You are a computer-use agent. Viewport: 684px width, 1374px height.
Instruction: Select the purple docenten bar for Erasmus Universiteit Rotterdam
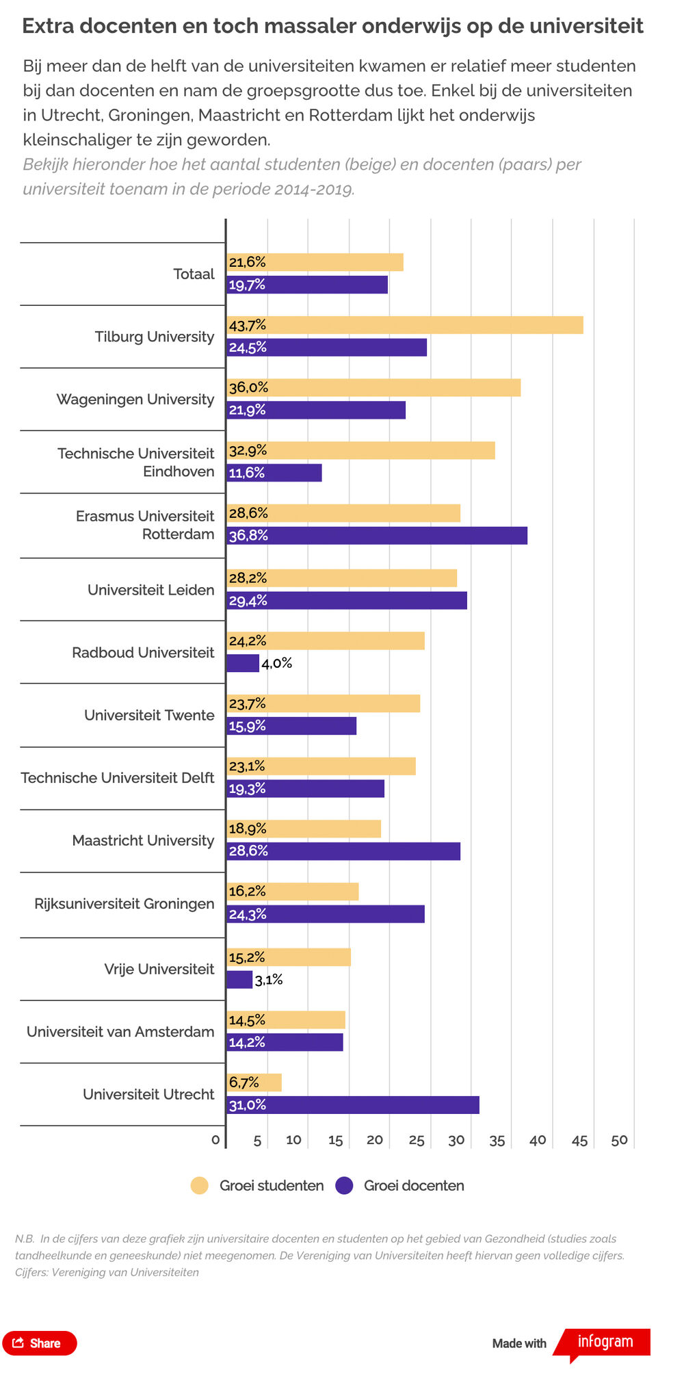[x=377, y=536]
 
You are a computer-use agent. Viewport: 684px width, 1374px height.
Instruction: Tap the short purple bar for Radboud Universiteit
[x=243, y=663]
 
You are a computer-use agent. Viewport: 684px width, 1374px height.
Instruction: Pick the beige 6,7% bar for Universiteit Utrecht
[x=254, y=1083]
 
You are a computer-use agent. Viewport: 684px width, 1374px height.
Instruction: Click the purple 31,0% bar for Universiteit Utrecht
[x=353, y=1105]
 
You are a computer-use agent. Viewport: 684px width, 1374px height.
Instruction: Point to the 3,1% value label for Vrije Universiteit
[x=269, y=980]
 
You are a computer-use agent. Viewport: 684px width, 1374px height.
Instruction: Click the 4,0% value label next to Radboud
[x=277, y=663]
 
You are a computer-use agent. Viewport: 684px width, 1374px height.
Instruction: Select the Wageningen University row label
[x=135, y=399]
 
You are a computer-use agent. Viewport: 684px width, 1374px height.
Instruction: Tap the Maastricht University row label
[x=144, y=840]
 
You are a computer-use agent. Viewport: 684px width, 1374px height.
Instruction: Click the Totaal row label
[x=194, y=274]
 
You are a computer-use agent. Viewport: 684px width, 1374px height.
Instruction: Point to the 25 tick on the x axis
[x=417, y=1140]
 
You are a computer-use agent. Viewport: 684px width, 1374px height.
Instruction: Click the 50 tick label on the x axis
[x=620, y=1140]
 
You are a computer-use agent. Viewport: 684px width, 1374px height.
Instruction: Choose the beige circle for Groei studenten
[x=200, y=1186]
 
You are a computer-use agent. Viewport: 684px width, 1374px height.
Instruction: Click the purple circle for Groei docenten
[x=344, y=1186]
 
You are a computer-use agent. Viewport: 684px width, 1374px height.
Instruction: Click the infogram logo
[x=605, y=1343]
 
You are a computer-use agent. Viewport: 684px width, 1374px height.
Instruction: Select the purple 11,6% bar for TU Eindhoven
[x=274, y=473]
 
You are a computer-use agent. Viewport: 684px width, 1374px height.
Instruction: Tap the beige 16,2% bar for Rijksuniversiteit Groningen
[x=293, y=892]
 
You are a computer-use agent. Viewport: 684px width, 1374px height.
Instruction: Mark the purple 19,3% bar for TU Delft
[x=306, y=788]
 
